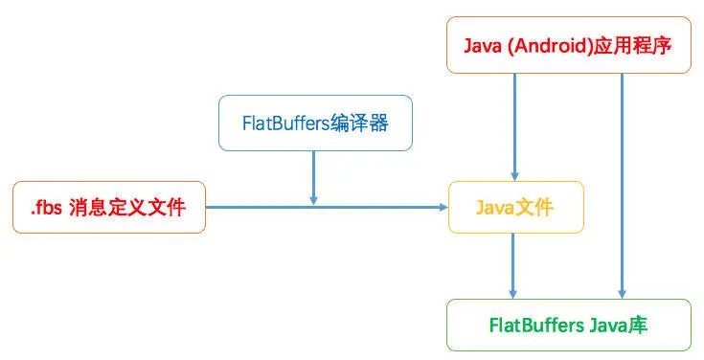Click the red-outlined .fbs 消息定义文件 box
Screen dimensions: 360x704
point(108,207)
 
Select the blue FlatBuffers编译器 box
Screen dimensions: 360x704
point(315,123)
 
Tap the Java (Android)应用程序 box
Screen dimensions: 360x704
point(568,45)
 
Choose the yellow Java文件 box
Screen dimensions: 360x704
point(515,207)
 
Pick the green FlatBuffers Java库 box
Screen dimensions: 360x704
point(568,325)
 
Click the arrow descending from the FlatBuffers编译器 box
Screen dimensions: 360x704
point(314,177)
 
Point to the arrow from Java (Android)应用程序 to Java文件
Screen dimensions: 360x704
point(515,124)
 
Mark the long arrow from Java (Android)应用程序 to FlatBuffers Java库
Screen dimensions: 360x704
point(623,182)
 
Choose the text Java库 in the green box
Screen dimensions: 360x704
point(621,326)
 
